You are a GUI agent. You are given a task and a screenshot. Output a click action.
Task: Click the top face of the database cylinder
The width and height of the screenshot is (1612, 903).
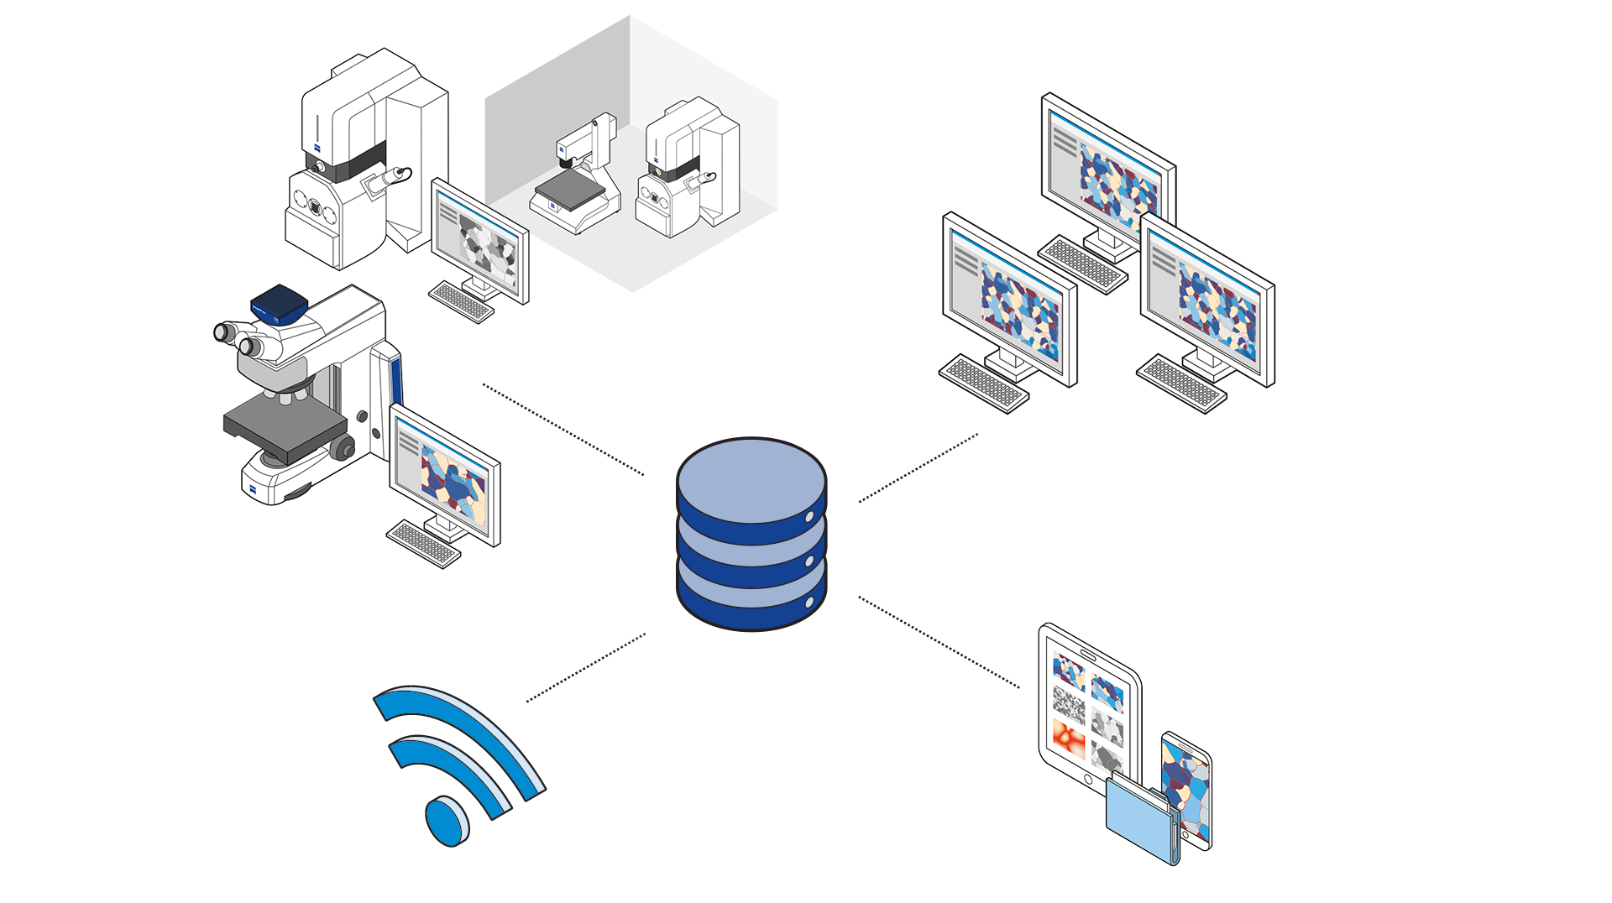pos(751,479)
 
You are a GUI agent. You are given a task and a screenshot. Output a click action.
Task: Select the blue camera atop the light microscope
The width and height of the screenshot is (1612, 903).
pos(280,304)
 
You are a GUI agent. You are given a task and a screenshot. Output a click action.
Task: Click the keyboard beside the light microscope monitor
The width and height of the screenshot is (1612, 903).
pos(423,543)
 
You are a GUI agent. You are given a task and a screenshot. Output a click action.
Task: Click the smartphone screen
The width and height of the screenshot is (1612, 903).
pos(1185,789)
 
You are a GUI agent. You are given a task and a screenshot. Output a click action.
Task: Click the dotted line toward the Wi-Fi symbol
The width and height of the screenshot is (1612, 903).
pos(586,667)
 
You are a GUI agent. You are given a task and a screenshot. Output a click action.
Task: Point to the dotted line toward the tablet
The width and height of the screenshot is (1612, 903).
pos(939,642)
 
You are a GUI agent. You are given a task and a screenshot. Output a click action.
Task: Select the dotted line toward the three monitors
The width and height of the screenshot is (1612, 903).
pos(918,468)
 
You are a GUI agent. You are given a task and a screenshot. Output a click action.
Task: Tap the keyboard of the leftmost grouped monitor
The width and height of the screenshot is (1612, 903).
pos(983,384)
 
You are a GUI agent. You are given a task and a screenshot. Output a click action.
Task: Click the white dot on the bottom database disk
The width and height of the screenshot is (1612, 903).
pos(809,603)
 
